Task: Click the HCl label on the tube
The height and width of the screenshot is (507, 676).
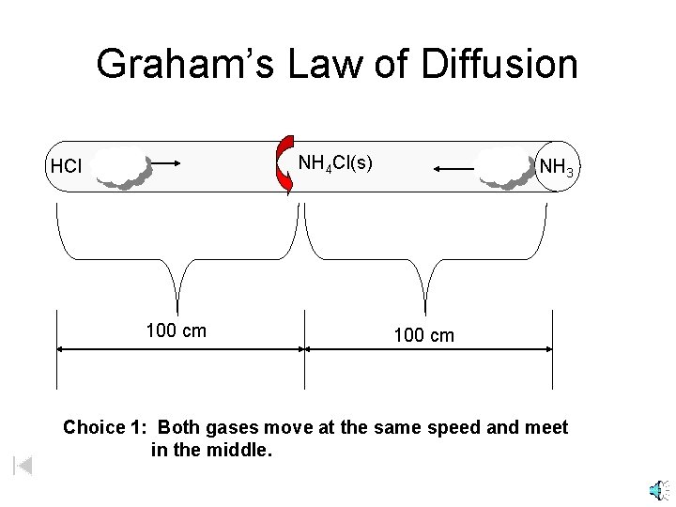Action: [x=67, y=168]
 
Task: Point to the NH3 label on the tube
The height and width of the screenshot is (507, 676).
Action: [x=558, y=167]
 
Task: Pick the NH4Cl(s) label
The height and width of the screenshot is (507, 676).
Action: [x=335, y=163]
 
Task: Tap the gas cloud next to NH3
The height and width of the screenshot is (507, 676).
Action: [x=506, y=167]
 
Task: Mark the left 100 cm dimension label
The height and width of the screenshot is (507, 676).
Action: [x=177, y=331]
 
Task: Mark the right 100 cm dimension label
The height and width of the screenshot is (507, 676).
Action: [x=424, y=335]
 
